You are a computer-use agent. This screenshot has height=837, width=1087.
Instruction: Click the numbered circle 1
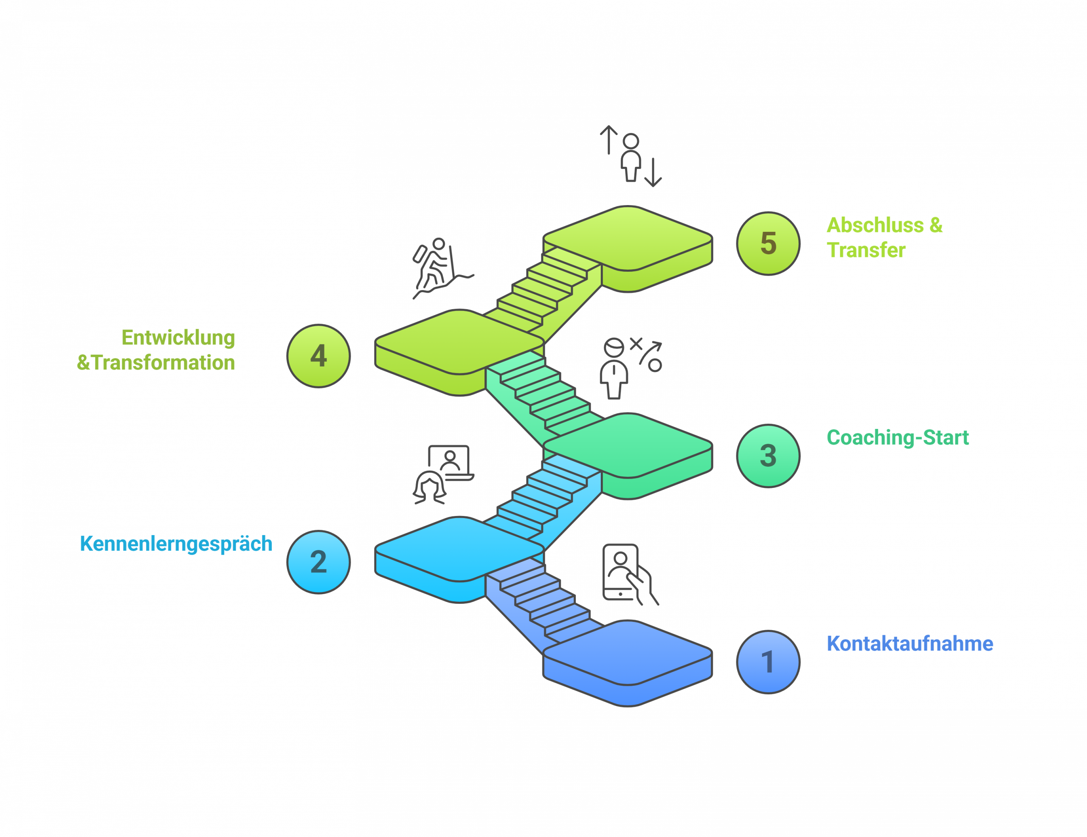click(768, 662)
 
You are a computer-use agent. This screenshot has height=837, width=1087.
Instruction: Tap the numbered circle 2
click(318, 562)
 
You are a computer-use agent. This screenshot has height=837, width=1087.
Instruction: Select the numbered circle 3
click(768, 455)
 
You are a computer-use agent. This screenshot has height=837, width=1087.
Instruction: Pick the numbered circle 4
click(318, 356)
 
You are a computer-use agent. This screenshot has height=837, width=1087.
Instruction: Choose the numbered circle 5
click(768, 243)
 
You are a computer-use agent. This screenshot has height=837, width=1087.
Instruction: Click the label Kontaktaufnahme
click(910, 643)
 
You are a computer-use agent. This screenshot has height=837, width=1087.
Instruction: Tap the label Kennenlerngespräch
click(176, 544)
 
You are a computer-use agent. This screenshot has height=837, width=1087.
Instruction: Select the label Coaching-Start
click(897, 437)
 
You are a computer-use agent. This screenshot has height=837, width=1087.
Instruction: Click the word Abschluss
click(874, 225)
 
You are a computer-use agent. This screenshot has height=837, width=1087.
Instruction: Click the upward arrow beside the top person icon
click(608, 139)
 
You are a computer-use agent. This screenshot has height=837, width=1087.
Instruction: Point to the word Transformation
click(163, 362)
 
